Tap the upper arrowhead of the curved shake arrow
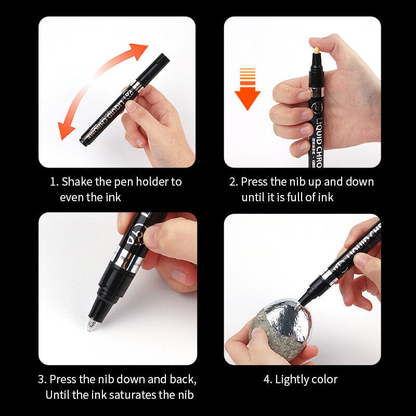[140, 52]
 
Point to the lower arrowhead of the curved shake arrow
[66, 130]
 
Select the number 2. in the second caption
[233, 182]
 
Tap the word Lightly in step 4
[293, 380]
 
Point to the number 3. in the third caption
[43, 379]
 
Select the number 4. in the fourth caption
[268, 380]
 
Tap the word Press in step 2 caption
[255, 182]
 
